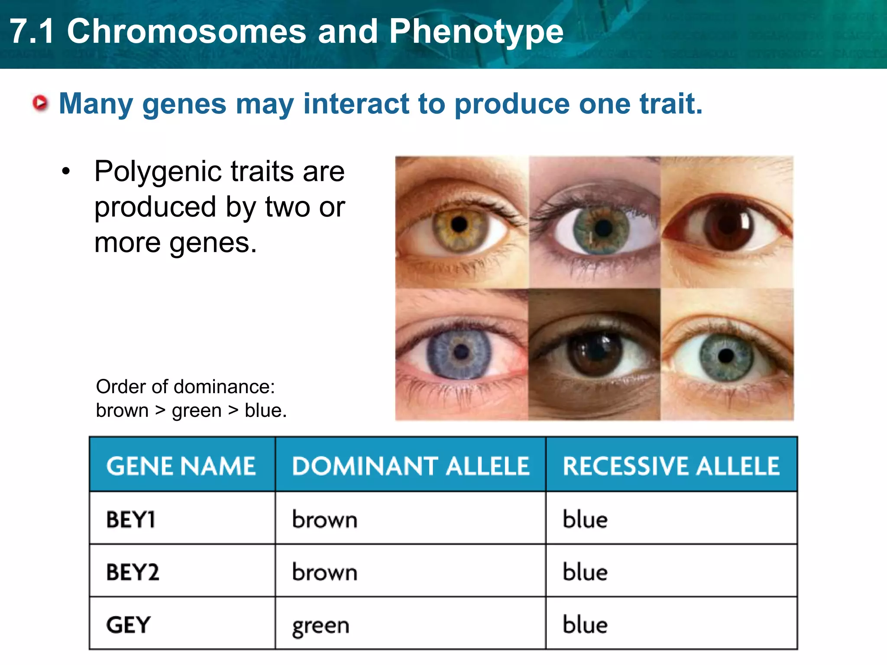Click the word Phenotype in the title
coord(476,32)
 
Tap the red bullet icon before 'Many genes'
coord(41,103)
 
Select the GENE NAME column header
coord(181,466)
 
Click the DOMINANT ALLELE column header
coord(410,466)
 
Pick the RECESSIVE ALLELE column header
coord(671,466)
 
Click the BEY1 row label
coord(131,520)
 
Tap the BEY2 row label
coord(133,572)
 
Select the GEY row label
coord(128,625)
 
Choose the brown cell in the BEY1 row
coord(324,520)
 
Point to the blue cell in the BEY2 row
coord(585,572)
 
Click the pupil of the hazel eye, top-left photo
coord(459,224)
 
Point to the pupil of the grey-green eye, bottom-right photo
coord(726,356)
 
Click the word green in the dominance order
coord(196,410)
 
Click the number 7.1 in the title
coord(32,32)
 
